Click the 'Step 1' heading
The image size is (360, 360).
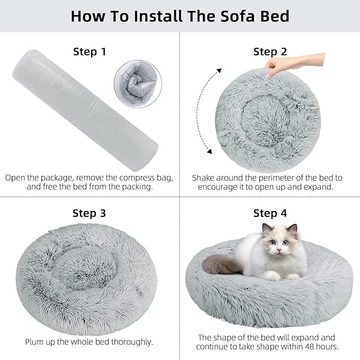89,51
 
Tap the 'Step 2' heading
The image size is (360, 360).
270,51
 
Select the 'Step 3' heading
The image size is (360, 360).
89,213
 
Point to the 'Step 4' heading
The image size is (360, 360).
270,213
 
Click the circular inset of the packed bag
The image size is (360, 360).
135,82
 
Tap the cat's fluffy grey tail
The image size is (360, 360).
223,264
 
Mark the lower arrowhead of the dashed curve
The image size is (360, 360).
209,152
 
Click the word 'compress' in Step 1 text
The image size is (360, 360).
136,178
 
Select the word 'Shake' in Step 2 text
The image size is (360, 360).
204,178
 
